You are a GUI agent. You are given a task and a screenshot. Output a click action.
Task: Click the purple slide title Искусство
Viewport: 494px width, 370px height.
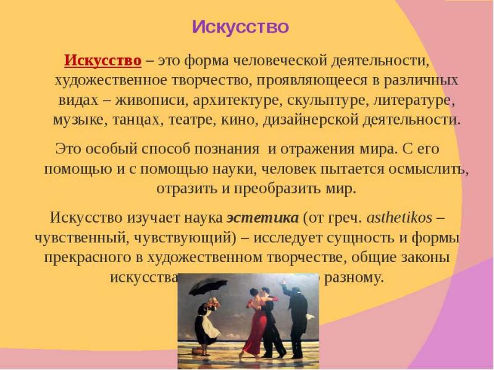click(240, 27)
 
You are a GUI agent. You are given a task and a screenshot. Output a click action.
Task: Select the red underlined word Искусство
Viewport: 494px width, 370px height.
click(103, 61)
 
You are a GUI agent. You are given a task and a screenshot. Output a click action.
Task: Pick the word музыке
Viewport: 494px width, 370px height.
click(80, 118)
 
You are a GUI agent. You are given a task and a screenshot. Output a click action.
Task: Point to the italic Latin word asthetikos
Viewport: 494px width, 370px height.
click(399, 218)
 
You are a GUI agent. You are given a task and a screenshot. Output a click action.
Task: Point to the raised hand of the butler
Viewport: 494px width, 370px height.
click(284, 285)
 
